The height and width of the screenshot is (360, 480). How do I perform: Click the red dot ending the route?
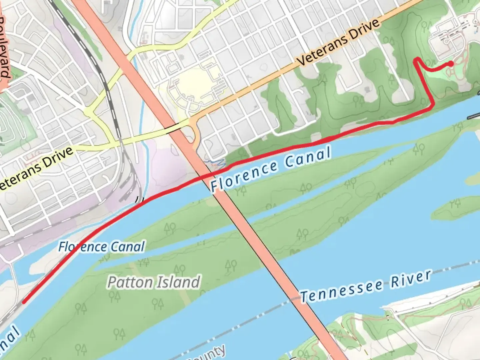[451, 64]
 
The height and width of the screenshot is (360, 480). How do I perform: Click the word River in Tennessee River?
[411, 279]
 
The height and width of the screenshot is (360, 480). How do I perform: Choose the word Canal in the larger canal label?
[308, 157]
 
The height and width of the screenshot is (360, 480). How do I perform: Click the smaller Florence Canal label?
[102, 247]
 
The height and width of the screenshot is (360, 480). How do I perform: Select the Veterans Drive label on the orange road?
[338, 42]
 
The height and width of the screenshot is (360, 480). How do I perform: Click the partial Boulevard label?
[5, 47]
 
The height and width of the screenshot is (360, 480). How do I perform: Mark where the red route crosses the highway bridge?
[208, 175]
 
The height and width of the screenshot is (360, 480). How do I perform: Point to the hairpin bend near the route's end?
[416, 60]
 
